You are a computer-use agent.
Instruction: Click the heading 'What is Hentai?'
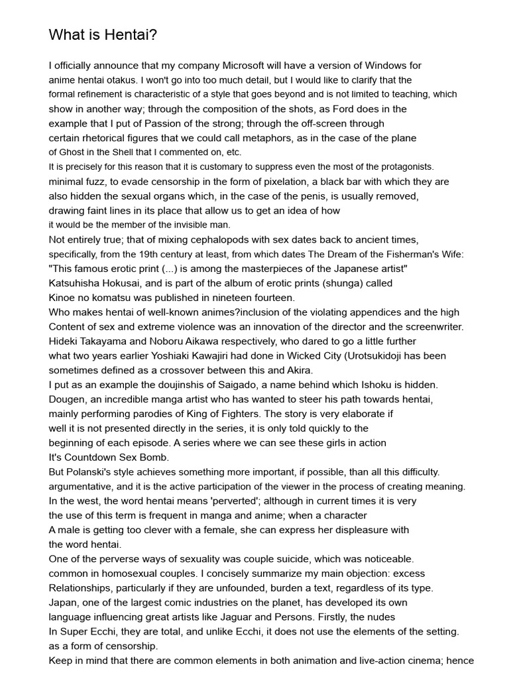pos(103,35)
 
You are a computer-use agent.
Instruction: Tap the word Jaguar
pos(235,617)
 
